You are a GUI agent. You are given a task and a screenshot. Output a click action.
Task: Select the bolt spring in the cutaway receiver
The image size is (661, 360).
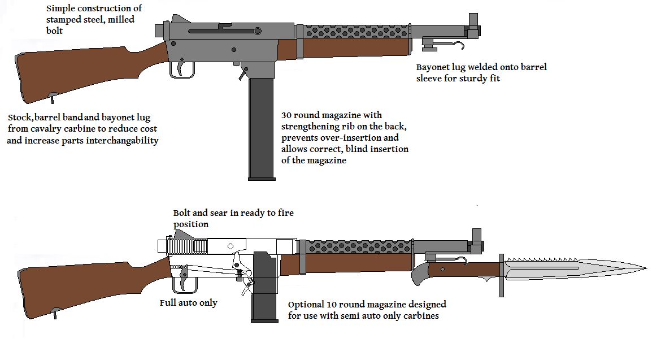(189, 246)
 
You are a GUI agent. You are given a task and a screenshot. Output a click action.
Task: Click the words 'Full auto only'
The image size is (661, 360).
(188, 303)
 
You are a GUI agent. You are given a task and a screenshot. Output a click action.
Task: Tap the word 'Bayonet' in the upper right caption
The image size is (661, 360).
(434, 67)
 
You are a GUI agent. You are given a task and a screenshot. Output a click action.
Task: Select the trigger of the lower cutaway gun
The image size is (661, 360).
(184, 281)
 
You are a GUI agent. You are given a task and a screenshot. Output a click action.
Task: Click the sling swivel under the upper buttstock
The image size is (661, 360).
(53, 97)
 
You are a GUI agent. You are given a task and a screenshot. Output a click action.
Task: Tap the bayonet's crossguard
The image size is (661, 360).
(501, 275)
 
